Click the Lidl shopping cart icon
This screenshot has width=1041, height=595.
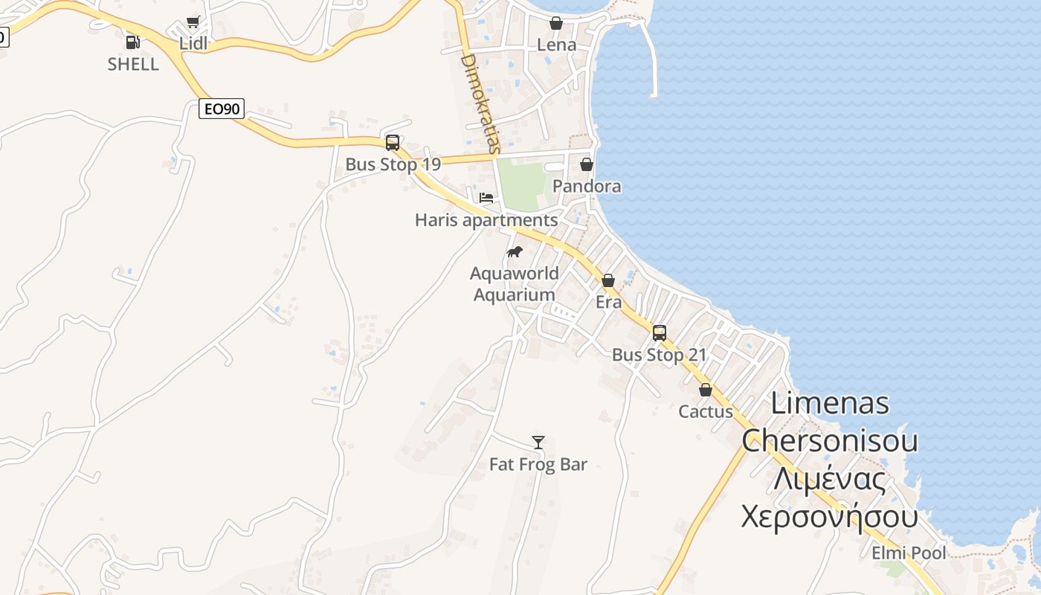click(193, 22)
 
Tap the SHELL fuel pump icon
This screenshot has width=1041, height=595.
click(132, 42)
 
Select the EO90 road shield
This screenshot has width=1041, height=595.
click(222, 109)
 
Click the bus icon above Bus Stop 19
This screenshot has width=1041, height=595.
click(393, 143)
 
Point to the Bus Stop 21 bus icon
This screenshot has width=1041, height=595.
click(660, 333)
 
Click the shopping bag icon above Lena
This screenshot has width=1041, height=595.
click(556, 23)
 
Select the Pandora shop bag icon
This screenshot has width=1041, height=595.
click(587, 164)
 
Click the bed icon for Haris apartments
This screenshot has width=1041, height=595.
click(486, 199)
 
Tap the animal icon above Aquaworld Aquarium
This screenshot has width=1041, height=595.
click(515, 252)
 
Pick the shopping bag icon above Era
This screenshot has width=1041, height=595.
click(608, 280)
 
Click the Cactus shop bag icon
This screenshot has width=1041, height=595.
click(706, 390)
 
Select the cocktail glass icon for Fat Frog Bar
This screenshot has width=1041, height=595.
click(538, 443)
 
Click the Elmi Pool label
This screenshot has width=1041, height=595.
click(909, 553)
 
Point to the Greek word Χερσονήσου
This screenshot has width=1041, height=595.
click(829, 515)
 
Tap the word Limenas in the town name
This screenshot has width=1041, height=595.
click(830, 403)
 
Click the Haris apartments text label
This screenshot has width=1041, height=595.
click(486, 220)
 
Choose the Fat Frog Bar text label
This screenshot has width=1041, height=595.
click(538, 465)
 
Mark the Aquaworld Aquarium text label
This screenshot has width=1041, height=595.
click(515, 284)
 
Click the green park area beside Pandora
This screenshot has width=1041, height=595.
click(522, 185)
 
